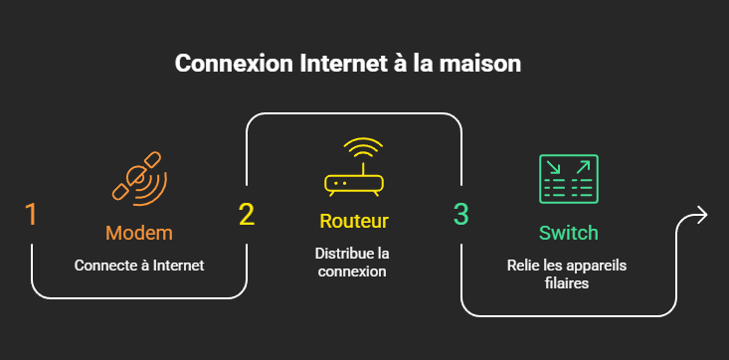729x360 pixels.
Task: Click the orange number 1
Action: tap(31, 215)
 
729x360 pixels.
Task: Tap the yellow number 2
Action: tap(247, 215)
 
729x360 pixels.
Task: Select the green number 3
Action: tap(461, 215)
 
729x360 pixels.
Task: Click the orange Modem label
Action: tap(139, 233)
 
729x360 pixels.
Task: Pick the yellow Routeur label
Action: tap(354, 221)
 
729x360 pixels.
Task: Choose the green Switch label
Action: tap(568, 233)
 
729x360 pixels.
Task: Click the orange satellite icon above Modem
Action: tap(139, 179)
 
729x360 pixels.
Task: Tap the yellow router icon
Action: tap(354, 167)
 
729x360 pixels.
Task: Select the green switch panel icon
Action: tap(569, 179)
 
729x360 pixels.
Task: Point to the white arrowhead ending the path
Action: tap(702, 215)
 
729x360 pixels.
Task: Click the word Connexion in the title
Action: tap(234, 64)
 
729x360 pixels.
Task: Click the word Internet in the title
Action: tap(343, 64)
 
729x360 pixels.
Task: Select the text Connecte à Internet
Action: tap(139, 266)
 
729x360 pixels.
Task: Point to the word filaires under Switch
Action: tap(567, 282)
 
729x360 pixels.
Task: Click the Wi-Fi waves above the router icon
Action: tap(363, 148)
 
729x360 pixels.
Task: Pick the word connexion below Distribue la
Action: tap(352, 271)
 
